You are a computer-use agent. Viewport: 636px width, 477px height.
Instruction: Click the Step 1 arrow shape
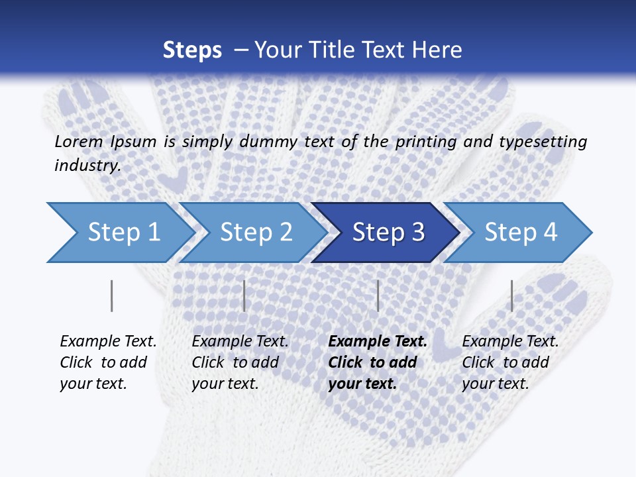pos(123,233)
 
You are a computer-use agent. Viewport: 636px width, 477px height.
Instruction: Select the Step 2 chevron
pos(256,233)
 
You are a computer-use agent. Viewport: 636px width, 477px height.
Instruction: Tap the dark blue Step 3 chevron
pos(388,233)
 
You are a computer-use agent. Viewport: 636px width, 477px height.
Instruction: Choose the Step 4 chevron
pos(521,233)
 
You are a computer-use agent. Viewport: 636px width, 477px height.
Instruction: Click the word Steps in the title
pos(192,50)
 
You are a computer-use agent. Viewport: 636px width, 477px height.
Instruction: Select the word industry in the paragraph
pos(87,165)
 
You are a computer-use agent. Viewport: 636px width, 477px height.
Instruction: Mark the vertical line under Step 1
pos(111,295)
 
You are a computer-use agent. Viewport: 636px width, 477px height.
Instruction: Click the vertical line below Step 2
pos(244,295)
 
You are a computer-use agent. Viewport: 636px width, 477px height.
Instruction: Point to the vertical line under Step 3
pos(378,295)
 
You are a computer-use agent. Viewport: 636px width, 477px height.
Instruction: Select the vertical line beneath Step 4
pos(511,295)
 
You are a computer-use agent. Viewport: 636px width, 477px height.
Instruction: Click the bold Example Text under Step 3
pos(378,342)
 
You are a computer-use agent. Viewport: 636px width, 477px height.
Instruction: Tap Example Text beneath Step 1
pos(108,342)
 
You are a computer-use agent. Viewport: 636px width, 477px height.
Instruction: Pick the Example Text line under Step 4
pos(510,342)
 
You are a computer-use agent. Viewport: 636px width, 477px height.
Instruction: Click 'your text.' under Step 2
pos(225,384)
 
